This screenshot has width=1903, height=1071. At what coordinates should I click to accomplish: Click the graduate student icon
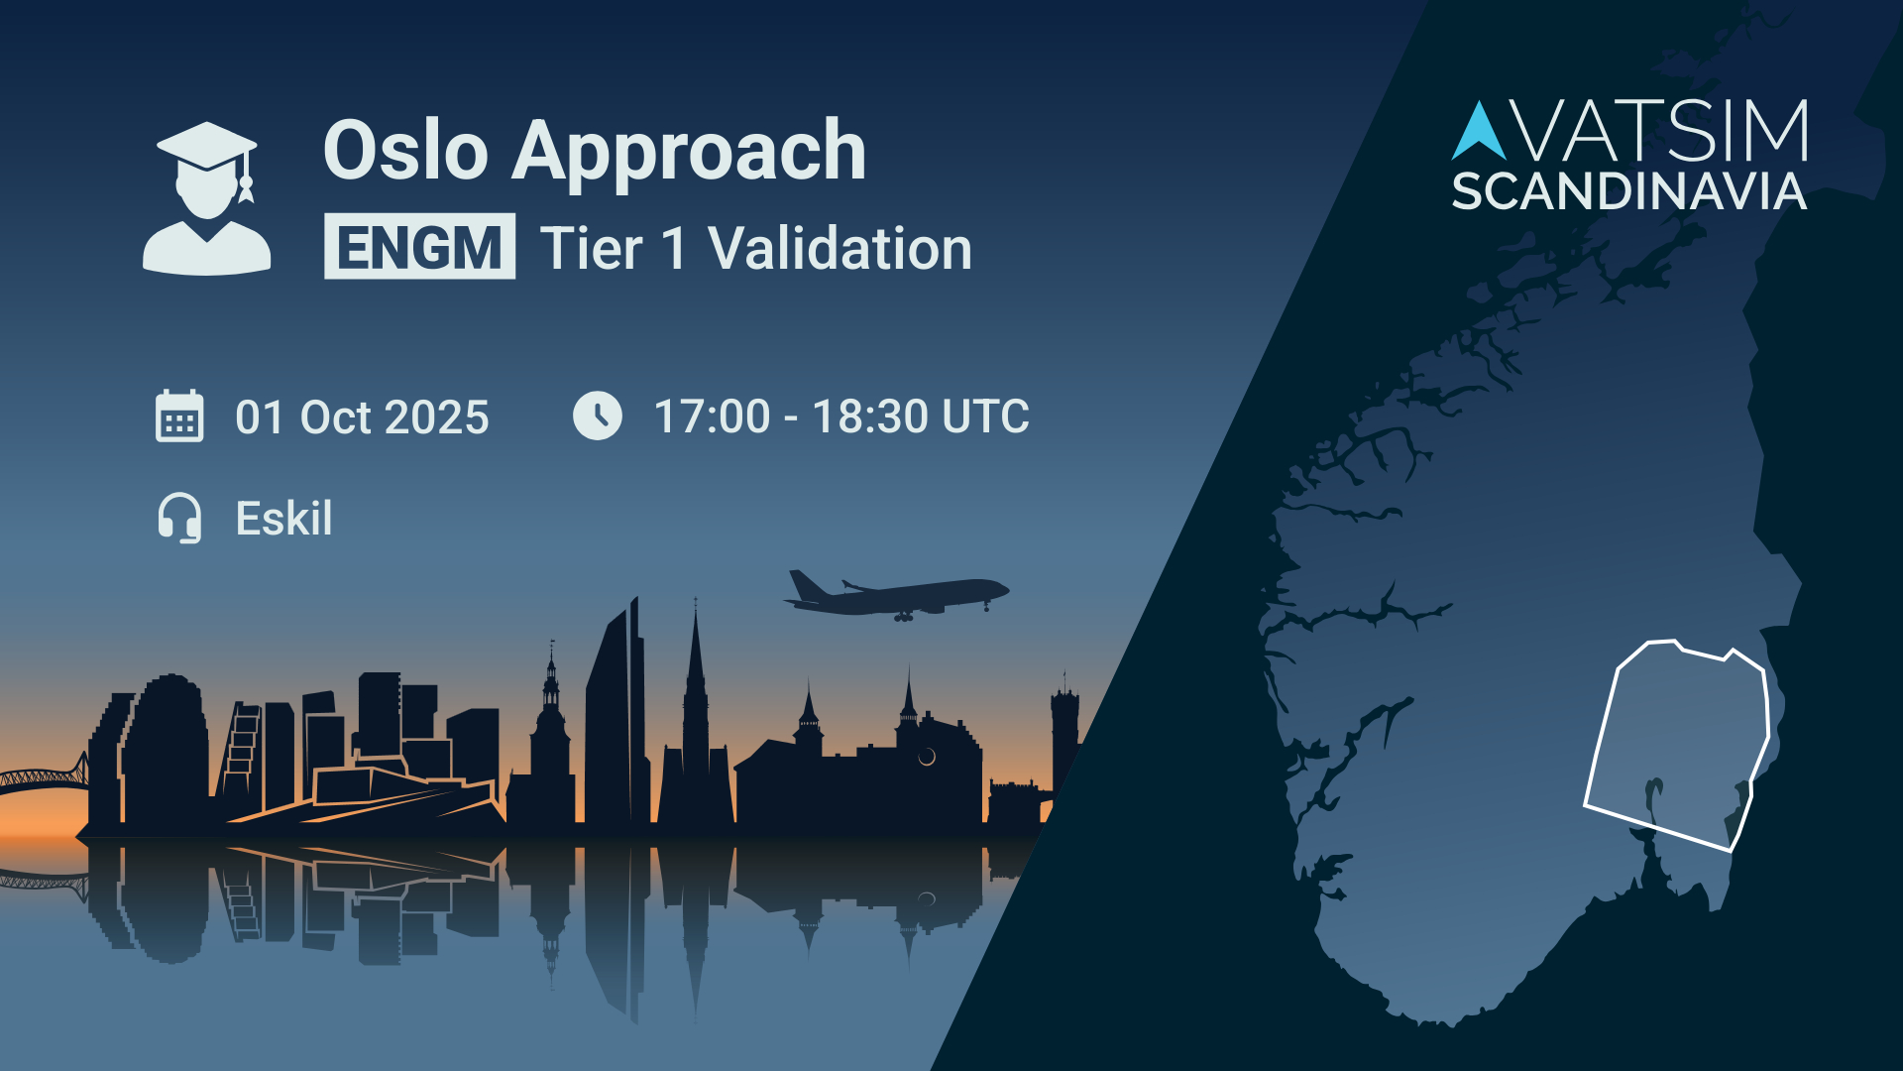206,198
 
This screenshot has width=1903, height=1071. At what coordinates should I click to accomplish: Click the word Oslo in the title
406,151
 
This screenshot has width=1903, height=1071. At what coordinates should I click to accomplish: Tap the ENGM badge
419,246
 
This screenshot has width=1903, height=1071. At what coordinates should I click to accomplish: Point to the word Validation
840,248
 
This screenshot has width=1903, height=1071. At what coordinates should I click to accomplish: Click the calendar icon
179,416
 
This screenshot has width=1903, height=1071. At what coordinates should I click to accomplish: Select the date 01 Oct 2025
362,417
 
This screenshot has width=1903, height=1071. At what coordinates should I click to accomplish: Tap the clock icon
598,416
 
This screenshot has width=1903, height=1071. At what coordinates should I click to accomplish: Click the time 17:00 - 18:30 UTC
841,416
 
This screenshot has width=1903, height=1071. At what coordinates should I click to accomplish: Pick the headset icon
179,518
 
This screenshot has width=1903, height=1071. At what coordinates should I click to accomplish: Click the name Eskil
283,518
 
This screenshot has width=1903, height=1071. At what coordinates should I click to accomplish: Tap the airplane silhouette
896,595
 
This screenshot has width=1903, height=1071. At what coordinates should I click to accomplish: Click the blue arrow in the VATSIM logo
1479,131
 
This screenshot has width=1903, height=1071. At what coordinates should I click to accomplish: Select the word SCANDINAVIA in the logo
1628,191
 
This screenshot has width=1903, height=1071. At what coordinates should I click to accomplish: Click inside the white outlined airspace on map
1675,744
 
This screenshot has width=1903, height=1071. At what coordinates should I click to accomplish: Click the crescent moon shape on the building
928,758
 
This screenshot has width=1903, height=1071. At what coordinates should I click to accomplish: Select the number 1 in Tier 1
674,248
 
